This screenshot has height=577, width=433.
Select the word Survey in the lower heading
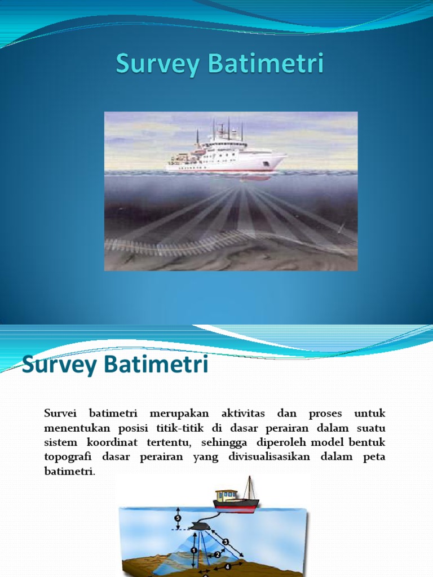tap(60, 366)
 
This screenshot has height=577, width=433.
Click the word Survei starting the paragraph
tap(61, 413)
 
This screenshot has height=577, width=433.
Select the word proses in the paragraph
tap(319, 413)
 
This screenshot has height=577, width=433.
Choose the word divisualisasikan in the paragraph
tap(267, 457)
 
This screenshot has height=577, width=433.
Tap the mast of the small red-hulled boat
tap(249, 487)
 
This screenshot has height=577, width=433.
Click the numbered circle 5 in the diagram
tap(178, 518)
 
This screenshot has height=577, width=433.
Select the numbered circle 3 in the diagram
tap(226, 542)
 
